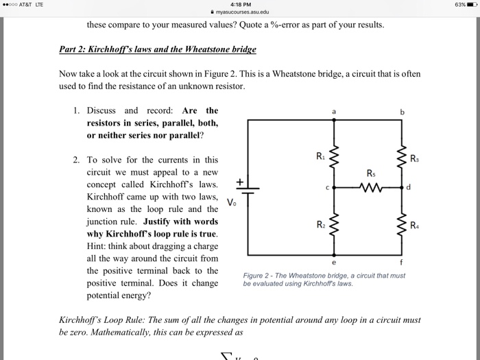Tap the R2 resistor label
(320, 224)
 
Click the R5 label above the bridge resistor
(371, 173)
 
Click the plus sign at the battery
(240, 181)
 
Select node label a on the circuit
(334, 110)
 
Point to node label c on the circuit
(327, 187)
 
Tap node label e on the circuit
(334, 261)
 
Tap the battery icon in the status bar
(471, 5)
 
